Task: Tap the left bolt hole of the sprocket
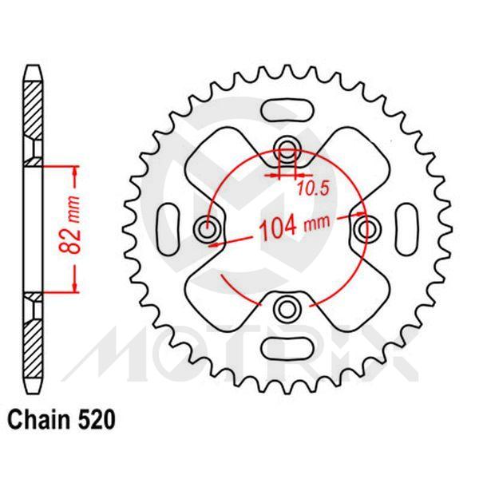pyautogui.click(x=208, y=229)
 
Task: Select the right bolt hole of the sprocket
pyautogui.click(x=367, y=229)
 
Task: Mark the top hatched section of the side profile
pyautogui.click(x=31, y=112)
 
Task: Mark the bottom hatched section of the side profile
pyautogui.click(x=31, y=343)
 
